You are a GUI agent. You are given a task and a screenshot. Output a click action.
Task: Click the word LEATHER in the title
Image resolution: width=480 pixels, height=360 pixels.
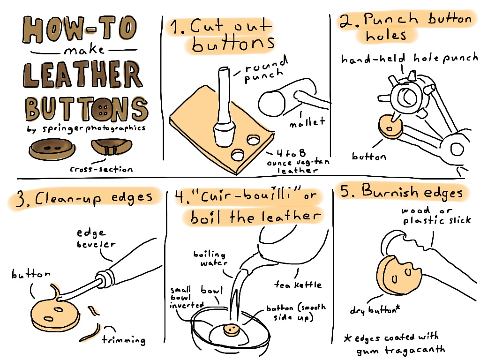(x=82, y=75)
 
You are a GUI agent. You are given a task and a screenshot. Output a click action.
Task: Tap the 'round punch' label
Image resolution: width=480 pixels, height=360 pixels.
(x=265, y=70)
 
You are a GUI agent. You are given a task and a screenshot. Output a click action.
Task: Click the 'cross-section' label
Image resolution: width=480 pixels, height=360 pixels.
(x=101, y=169)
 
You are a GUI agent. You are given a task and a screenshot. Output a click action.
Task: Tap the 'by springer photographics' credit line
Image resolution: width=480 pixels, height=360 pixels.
(x=86, y=128)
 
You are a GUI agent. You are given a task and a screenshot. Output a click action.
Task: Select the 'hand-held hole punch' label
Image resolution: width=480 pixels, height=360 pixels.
(x=409, y=58)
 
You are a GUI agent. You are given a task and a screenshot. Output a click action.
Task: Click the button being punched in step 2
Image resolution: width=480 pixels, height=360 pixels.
(x=390, y=127)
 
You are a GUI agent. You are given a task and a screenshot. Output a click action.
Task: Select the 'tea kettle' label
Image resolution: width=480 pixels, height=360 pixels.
(x=298, y=285)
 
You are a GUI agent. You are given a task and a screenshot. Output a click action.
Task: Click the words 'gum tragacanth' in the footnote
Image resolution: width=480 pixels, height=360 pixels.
(x=401, y=350)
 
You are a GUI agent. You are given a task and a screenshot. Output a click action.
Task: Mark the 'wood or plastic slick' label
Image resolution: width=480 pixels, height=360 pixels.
(x=436, y=216)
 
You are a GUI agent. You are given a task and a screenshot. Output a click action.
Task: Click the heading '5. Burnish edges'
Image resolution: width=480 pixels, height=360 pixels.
(x=402, y=192)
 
